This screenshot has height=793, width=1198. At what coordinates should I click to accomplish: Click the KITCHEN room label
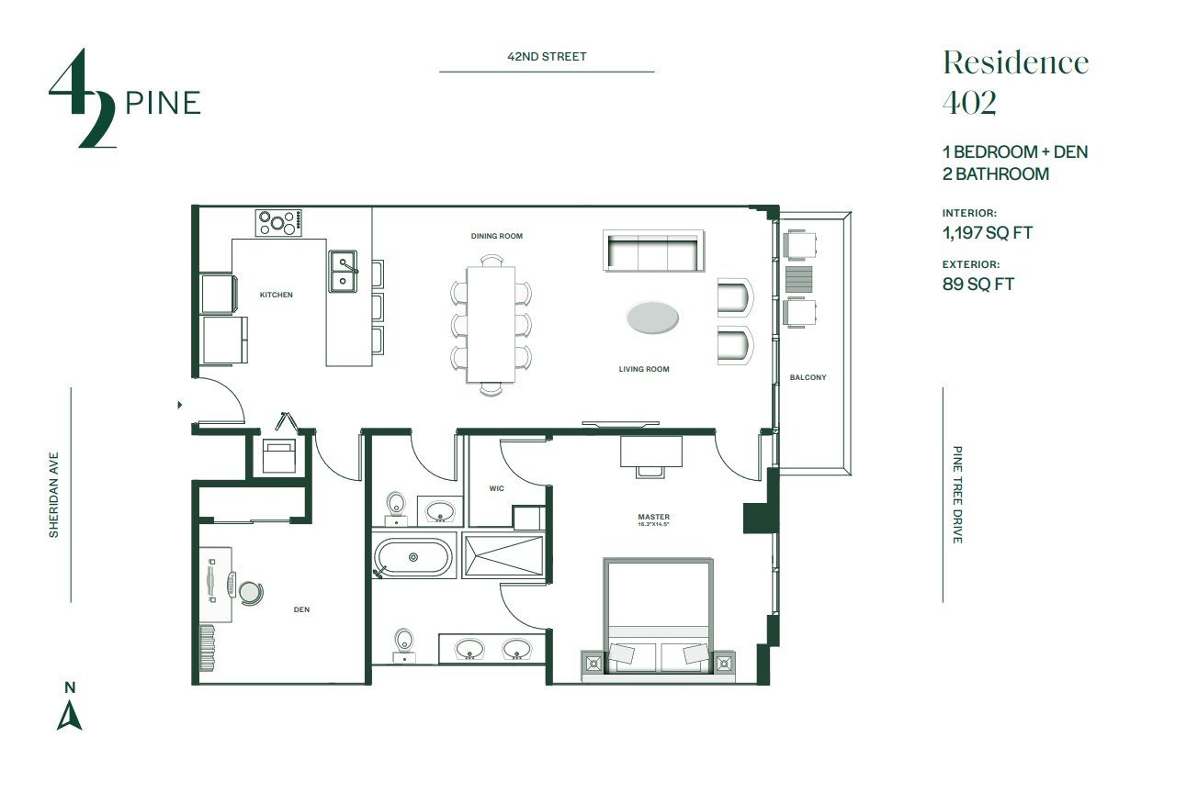coord(276,295)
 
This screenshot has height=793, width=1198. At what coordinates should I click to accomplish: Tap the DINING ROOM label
coord(496,236)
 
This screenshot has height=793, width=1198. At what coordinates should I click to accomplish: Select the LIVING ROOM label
coord(643,369)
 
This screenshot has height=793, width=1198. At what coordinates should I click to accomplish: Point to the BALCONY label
coord(808,377)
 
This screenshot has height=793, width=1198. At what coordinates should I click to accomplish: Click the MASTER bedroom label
coord(653,518)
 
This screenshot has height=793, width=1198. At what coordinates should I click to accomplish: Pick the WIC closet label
coord(497,488)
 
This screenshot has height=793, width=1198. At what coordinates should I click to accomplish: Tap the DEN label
coord(301,609)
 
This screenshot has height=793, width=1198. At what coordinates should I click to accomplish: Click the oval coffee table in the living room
coord(653,318)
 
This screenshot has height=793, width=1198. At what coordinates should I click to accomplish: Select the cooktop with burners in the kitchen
coord(279,222)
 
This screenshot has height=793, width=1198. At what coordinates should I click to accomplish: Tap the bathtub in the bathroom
coord(413,557)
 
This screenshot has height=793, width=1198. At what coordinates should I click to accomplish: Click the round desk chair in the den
coord(249,591)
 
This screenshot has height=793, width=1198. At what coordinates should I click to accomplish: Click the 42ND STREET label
coord(547,57)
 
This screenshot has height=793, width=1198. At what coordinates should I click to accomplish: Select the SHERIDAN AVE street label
coord(54,494)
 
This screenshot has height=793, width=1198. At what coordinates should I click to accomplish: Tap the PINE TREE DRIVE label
coord(957,495)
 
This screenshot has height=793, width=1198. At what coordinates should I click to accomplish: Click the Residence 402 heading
coord(1014,82)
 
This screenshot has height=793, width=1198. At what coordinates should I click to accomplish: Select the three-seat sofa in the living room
coord(652,251)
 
